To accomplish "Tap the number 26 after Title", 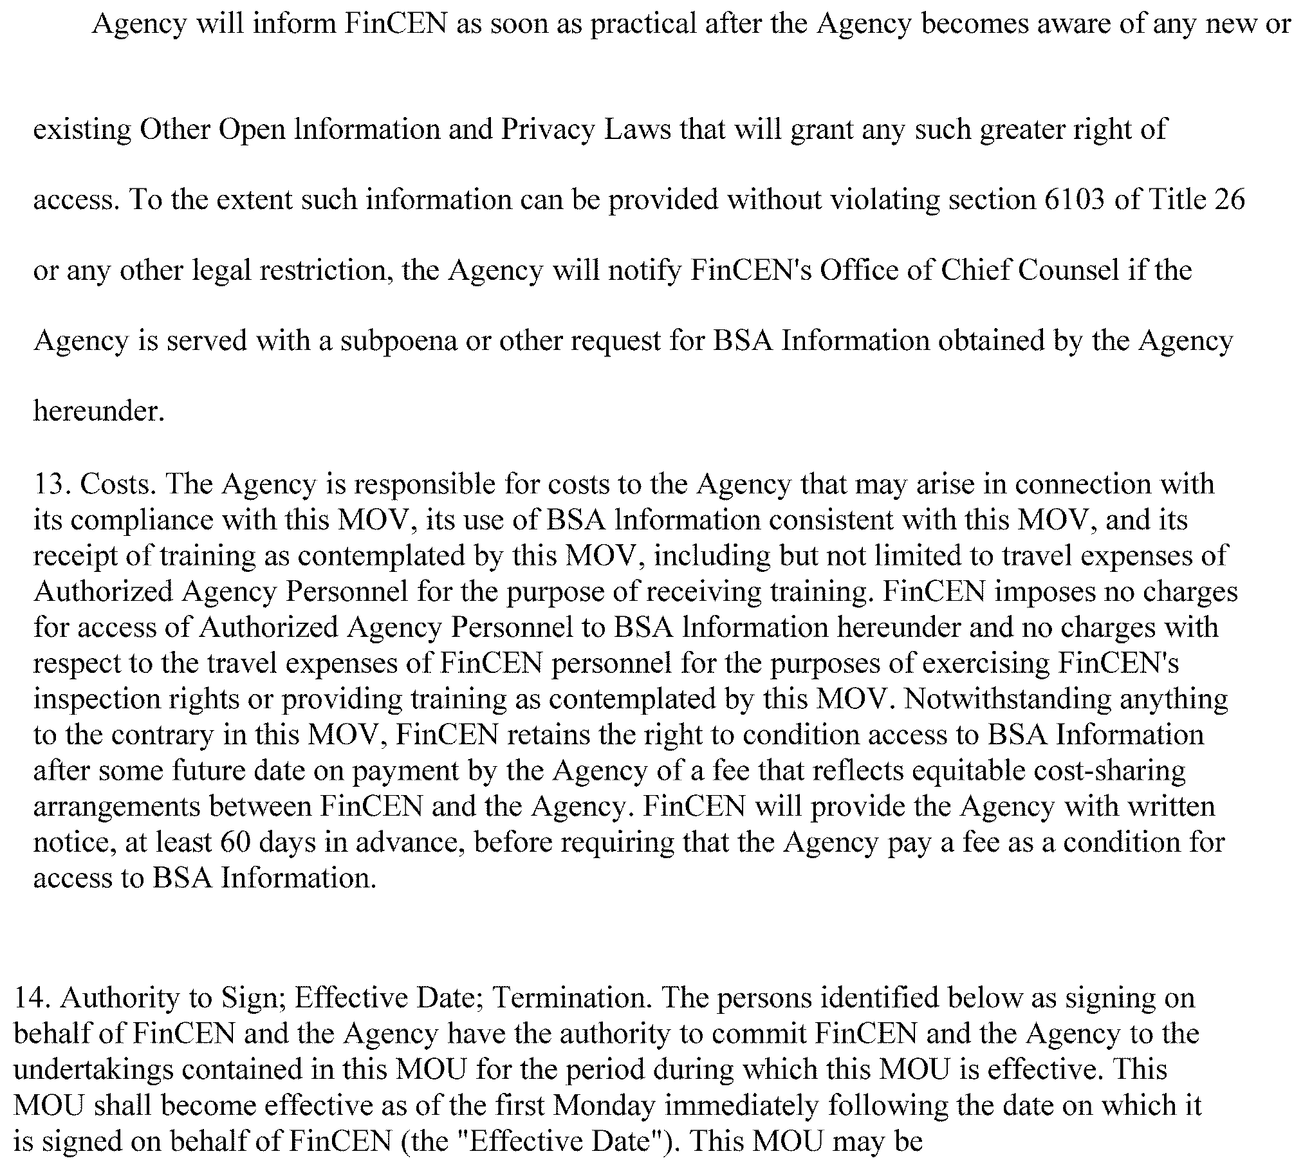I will (1229, 199).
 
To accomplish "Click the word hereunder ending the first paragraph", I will (98, 411).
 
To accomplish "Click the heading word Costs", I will (120, 484).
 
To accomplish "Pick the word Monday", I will (604, 1105).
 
